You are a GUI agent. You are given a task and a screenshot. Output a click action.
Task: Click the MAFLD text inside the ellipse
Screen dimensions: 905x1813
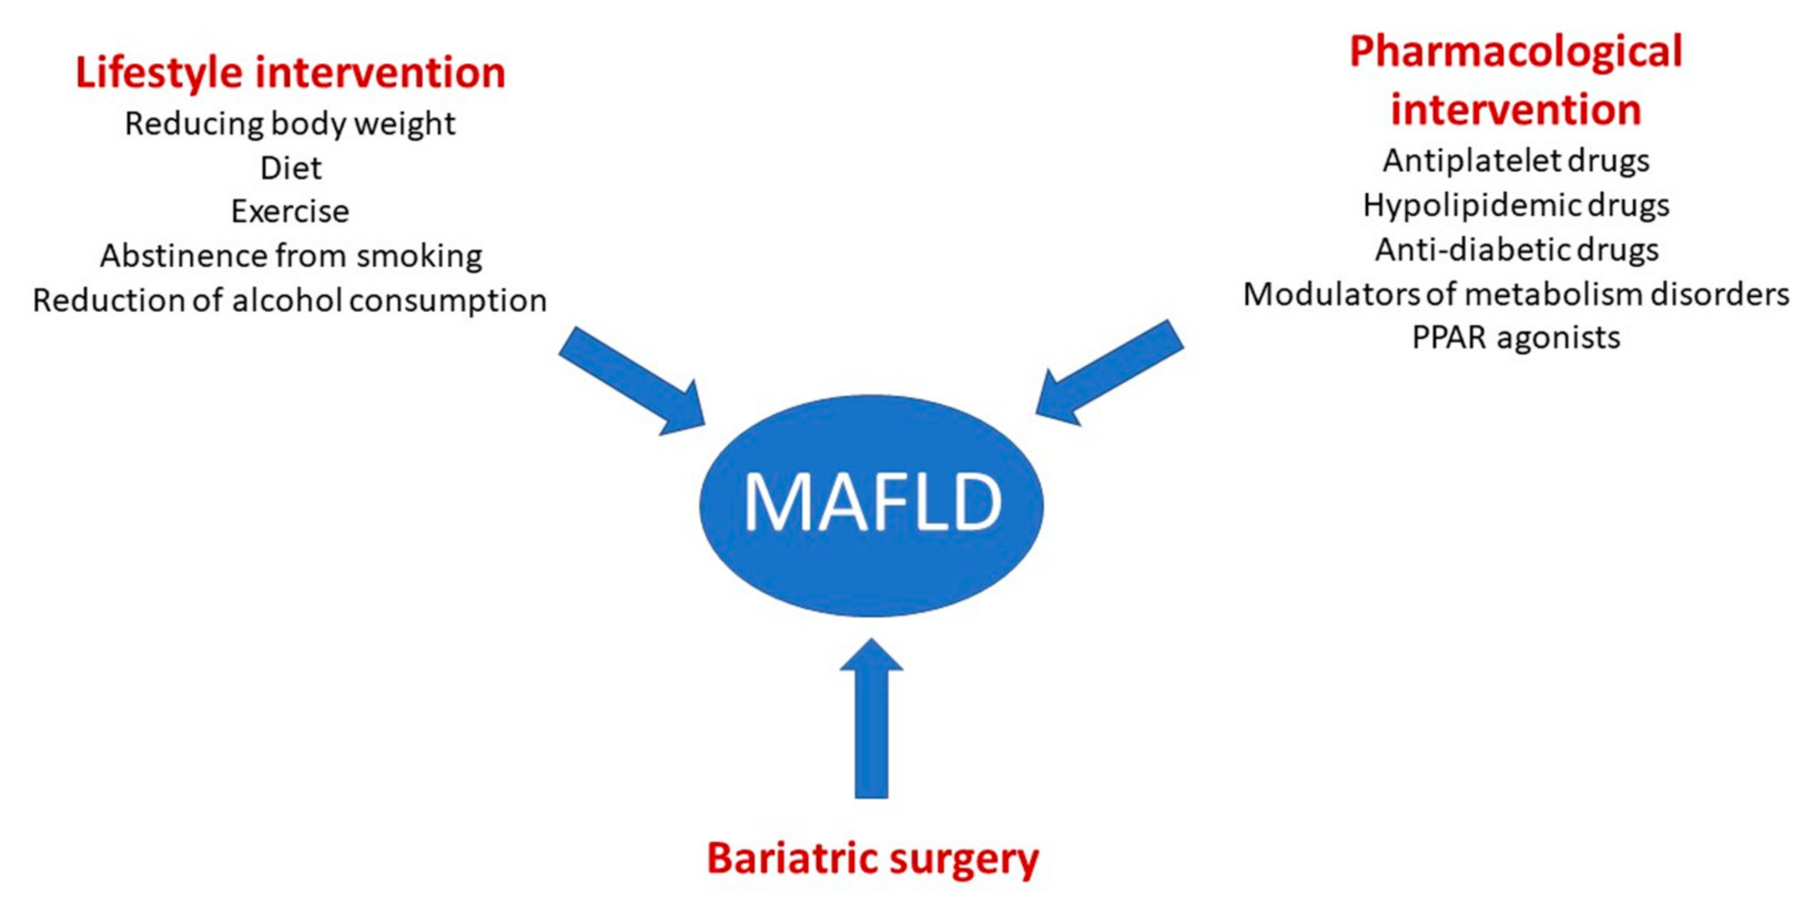(x=872, y=502)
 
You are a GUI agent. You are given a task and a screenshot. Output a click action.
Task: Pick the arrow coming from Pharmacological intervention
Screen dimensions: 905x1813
(x=1112, y=373)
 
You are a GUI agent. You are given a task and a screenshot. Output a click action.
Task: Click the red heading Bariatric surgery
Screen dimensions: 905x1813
(x=872, y=858)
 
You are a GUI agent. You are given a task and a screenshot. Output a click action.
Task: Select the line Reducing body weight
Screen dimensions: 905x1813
(x=290, y=124)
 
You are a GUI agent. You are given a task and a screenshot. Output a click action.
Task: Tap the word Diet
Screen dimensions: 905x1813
(x=291, y=168)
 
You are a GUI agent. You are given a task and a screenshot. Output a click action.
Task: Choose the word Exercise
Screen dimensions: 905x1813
(x=290, y=211)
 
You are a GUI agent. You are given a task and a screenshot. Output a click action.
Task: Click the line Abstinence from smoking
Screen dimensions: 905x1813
(x=291, y=256)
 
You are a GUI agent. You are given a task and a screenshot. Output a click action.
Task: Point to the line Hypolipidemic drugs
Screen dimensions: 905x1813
(x=1515, y=206)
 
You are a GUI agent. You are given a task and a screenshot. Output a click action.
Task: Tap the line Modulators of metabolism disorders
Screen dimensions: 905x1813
(x=1515, y=294)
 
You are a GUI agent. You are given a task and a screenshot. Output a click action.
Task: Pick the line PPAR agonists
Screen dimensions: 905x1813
(x=1515, y=338)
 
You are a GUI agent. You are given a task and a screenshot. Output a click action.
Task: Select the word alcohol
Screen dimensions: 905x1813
(x=288, y=300)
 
